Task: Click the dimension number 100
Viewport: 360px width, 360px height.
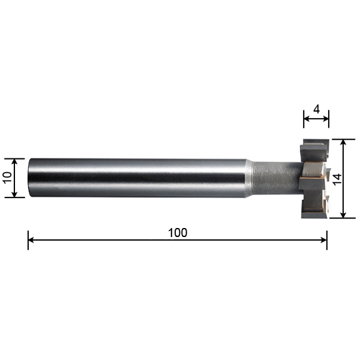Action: (x=178, y=233)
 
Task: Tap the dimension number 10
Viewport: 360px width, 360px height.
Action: (x=8, y=177)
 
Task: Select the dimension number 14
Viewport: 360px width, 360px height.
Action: (x=337, y=180)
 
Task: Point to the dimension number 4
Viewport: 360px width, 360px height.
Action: (x=316, y=110)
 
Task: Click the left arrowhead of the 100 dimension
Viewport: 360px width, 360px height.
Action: (x=31, y=240)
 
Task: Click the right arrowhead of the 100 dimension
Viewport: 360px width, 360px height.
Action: (x=324, y=240)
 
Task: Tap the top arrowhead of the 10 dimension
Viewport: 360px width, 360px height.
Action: (x=14, y=161)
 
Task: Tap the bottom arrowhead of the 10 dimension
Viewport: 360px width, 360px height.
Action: (x=14, y=194)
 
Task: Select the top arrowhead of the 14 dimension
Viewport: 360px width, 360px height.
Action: (x=343, y=142)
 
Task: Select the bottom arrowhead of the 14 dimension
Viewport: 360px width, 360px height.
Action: (x=343, y=215)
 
